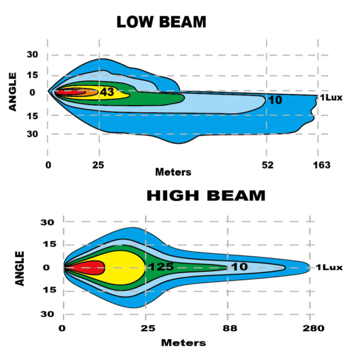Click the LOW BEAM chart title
coord(161,22)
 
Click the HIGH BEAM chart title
coord(206,196)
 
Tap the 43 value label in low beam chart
coord(107,92)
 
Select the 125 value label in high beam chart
coord(160,267)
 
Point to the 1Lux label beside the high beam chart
coord(329,267)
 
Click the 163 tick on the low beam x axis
coord(321,165)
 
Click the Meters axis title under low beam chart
coord(173,172)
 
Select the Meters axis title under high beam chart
coord(184,342)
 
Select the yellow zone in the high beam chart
coord(123,267)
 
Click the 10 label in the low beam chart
coord(275,100)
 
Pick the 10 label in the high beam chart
coord(239,267)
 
